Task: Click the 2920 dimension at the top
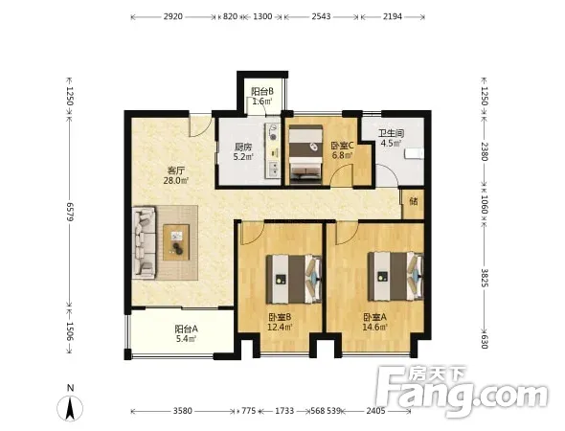point(173,16)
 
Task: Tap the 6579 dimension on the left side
point(70,213)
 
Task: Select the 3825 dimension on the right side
point(485,278)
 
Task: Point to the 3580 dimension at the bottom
point(183,411)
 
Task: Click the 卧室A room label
point(374,317)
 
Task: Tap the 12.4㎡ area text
point(280,328)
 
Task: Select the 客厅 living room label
point(176,170)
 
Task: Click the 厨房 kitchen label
point(243,147)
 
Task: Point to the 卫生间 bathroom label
point(392,133)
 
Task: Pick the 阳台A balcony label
point(187,329)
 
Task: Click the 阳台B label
point(262,92)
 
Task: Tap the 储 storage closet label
point(414,201)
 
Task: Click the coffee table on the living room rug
point(176,242)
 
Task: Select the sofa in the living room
point(144,242)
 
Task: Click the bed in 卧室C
point(305,154)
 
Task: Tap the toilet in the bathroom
point(415,154)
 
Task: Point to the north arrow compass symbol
point(70,408)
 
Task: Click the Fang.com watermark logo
point(463,391)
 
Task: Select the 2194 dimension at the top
point(393,16)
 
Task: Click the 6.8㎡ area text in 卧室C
point(342,155)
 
